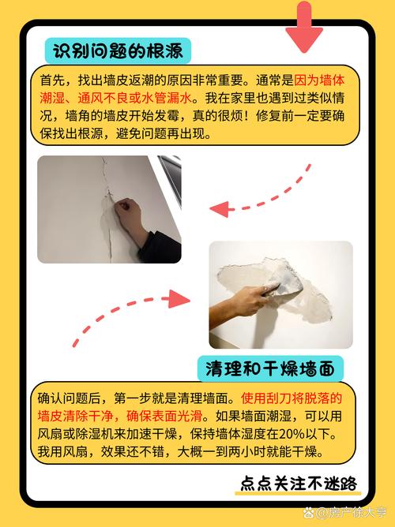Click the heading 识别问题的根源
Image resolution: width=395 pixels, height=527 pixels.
tap(118, 51)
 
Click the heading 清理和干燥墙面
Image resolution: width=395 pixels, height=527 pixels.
tap(270, 368)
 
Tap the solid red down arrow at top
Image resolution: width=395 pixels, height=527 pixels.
tap(304, 26)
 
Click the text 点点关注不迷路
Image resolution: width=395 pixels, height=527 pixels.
tap(298, 484)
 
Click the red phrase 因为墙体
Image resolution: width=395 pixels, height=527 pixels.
tap(319, 80)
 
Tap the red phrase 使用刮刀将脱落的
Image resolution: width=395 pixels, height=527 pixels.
tap(292, 398)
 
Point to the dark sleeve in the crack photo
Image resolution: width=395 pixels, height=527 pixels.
tap(161, 247)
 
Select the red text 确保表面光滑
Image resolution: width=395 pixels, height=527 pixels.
tap(164, 416)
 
